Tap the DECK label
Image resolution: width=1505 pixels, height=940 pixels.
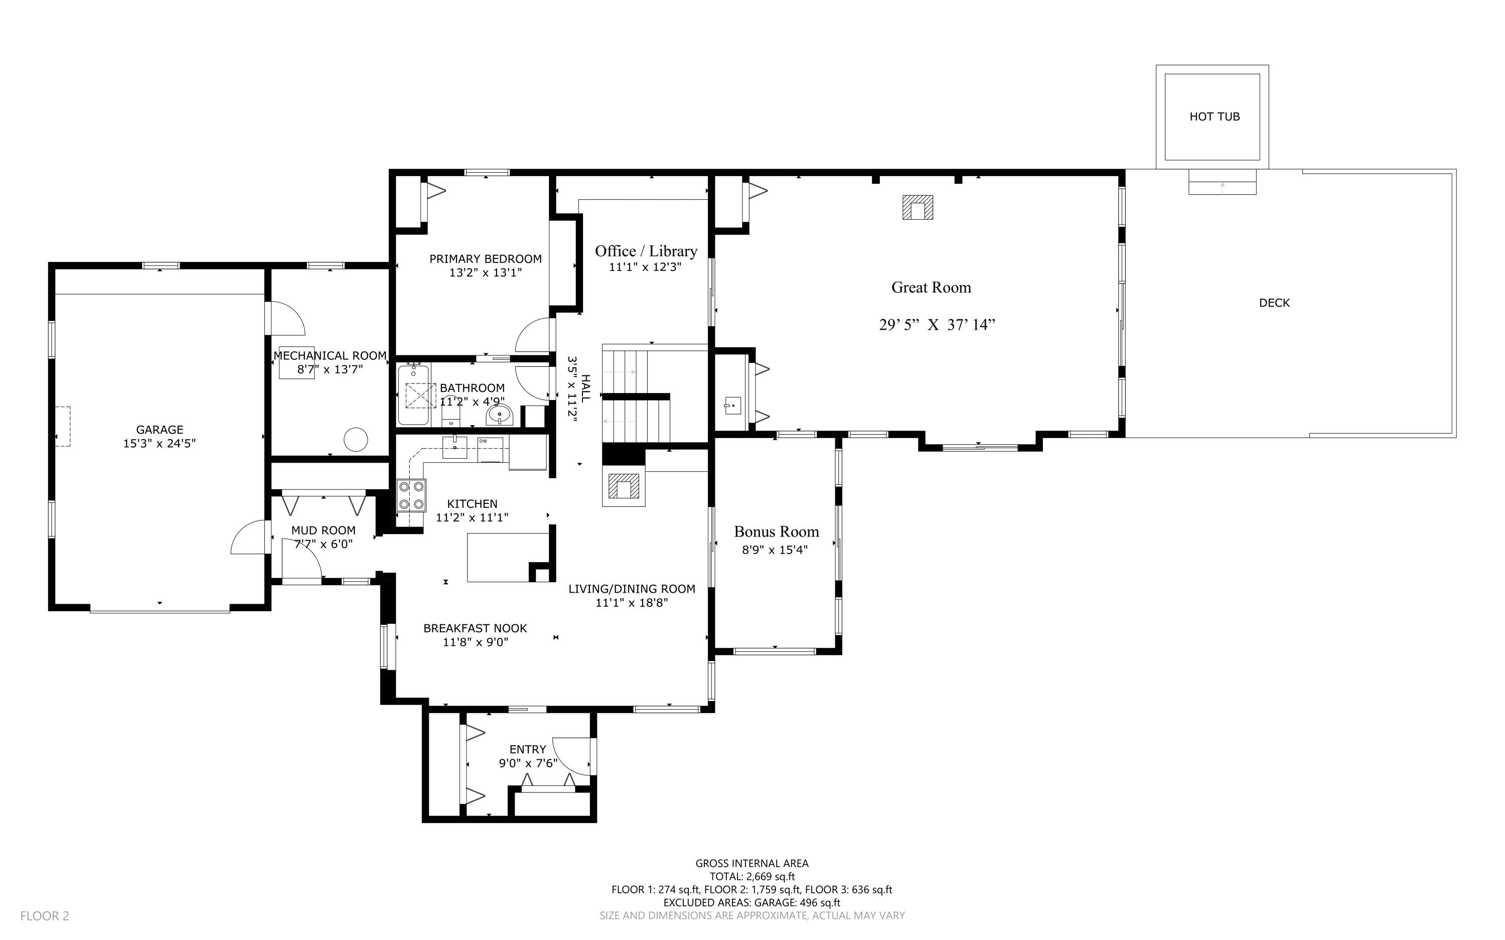(1274, 303)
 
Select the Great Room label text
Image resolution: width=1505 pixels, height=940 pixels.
(931, 287)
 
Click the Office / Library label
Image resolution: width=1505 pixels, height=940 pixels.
(646, 251)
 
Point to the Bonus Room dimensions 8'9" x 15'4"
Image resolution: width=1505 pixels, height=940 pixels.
(775, 550)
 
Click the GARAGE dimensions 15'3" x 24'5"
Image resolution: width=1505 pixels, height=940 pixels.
(160, 443)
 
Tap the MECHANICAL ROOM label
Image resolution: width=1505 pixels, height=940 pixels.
(330, 356)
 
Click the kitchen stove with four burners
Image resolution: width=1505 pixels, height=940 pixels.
(411, 495)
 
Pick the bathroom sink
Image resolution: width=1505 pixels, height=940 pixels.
(499, 414)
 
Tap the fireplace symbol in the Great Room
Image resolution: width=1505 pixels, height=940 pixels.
(917, 207)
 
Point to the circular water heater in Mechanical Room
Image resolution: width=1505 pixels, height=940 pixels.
(356, 440)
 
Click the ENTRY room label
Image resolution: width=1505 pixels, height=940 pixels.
(528, 750)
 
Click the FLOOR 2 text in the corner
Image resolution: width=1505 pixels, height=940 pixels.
(45, 916)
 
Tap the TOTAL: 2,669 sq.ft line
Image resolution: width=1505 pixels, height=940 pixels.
(752, 877)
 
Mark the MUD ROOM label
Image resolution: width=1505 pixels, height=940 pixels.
(323, 530)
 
